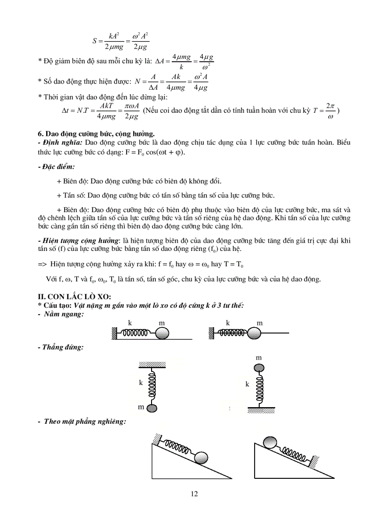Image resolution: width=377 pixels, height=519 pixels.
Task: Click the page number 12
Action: [x=194, y=494]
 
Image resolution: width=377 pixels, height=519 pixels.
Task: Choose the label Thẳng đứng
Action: [x=62, y=347]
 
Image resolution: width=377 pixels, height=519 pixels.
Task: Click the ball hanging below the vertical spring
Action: [x=153, y=407]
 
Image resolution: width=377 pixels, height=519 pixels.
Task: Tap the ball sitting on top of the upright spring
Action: [x=259, y=367]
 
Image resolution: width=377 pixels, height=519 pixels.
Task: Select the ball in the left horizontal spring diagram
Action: [x=162, y=333]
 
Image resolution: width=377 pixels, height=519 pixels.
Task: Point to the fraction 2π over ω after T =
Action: [x=329, y=110]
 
